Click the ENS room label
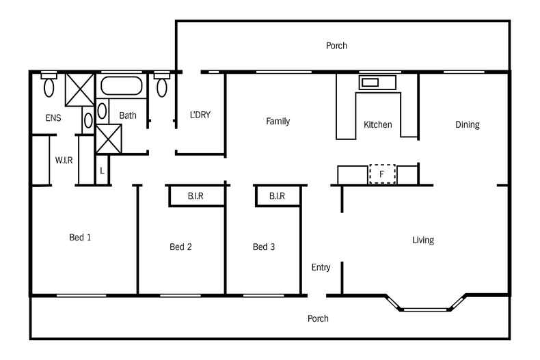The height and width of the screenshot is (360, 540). (53, 118)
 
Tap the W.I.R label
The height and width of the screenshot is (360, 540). (64, 161)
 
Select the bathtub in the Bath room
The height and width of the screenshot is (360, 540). (121, 85)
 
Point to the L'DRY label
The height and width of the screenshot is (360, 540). (200, 115)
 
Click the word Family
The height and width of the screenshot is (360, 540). (278, 122)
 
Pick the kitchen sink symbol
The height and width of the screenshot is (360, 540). (377, 83)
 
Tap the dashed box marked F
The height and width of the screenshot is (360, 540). (382, 174)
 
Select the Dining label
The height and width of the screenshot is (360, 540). (468, 124)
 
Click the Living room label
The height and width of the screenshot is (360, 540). (423, 240)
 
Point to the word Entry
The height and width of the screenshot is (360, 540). (321, 267)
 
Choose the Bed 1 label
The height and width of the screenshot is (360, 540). (80, 237)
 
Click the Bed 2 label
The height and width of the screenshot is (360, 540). (181, 247)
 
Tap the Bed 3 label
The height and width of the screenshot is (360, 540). (264, 247)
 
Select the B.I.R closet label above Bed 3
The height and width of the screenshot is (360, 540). (278, 196)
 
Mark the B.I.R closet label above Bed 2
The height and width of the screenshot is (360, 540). (195, 196)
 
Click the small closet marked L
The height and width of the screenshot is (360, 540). (102, 170)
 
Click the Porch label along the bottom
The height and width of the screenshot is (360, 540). (318, 319)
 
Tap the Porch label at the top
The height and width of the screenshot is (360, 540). (336, 46)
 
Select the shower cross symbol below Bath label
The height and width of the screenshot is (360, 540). (109, 139)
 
